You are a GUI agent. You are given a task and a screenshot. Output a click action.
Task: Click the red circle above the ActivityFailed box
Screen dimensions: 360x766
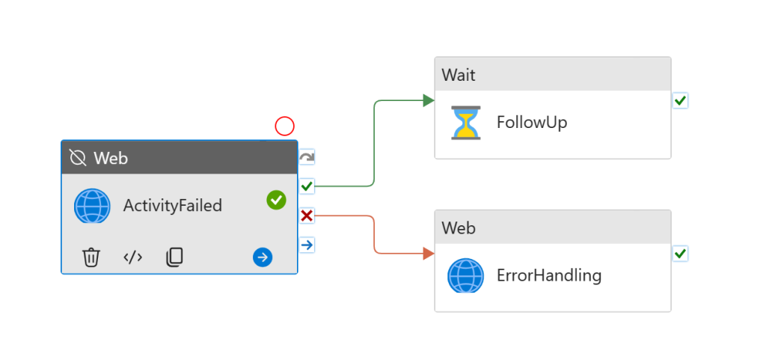(x=284, y=126)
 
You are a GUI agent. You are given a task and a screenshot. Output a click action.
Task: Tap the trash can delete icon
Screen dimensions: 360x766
(x=91, y=257)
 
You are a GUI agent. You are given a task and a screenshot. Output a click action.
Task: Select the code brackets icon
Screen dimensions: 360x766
(x=132, y=257)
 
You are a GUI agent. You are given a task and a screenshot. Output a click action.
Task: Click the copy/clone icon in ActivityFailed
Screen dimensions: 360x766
(x=174, y=257)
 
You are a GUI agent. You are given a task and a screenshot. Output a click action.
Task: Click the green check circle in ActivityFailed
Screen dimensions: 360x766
(x=276, y=200)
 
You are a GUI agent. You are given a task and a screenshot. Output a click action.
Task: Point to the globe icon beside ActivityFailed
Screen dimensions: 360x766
(x=92, y=205)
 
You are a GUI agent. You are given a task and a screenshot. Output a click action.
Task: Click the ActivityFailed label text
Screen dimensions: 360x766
(x=172, y=205)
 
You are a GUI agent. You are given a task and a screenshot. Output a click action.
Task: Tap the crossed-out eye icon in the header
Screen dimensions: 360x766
(x=78, y=158)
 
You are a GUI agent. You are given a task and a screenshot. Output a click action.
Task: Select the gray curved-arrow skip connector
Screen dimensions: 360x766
(x=307, y=157)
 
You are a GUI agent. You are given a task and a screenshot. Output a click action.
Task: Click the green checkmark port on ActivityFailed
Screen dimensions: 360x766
(x=307, y=186)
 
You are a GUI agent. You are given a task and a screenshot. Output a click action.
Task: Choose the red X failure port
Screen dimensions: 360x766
(x=307, y=216)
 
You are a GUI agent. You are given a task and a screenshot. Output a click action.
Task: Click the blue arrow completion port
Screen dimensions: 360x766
(x=307, y=245)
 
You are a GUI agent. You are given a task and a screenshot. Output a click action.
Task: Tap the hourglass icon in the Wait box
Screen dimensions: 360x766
(x=466, y=122)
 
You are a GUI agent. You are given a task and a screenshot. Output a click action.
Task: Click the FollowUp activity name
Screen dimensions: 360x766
(x=532, y=122)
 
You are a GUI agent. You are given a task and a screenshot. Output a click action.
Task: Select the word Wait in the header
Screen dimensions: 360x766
(x=459, y=75)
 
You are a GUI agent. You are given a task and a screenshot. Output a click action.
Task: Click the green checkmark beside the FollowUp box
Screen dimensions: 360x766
(x=680, y=100)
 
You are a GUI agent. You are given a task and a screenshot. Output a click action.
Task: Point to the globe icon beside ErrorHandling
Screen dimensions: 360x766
(x=465, y=275)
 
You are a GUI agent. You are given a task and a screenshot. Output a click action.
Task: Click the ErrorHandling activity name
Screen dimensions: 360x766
(x=549, y=275)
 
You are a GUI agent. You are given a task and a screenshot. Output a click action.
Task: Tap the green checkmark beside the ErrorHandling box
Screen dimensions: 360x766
(x=680, y=254)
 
